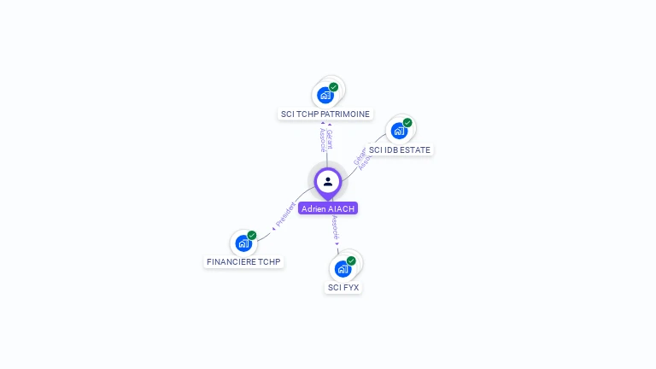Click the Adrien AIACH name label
[328, 208]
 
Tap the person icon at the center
[328, 181]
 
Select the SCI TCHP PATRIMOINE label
[325, 114]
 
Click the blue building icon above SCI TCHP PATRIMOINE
[325, 95]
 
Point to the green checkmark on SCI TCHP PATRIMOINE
[334, 87]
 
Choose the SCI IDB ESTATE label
[400, 149]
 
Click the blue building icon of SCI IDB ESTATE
[398, 131]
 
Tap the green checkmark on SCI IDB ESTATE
[407, 123]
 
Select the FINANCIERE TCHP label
[243, 261]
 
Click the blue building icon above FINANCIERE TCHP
[243, 243]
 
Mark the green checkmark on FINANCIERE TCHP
[252, 235]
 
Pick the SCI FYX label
[343, 287]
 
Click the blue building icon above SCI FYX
[343, 269]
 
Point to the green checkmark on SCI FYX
[351, 261]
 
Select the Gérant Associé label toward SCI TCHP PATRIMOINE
[326, 140]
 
